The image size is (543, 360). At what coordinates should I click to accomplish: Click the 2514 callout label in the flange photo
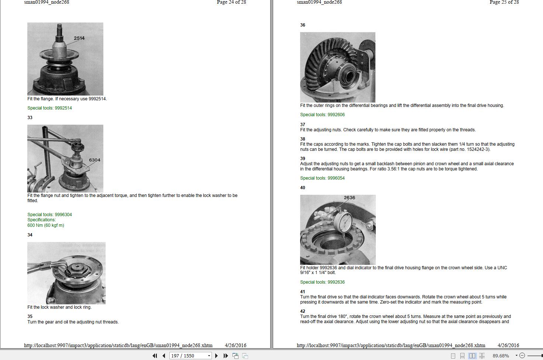(79, 38)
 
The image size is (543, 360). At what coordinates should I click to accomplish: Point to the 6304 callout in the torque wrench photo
(94, 160)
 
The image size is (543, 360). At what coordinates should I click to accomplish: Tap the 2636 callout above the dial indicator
(349, 198)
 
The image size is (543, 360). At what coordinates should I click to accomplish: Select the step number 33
(30, 118)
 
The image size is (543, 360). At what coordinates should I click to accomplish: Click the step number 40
(303, 188)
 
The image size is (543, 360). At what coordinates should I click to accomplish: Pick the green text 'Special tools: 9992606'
(322, 115)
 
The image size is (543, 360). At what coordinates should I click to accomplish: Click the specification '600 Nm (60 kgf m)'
(46, 225)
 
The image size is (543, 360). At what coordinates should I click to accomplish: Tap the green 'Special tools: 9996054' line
(322, 178)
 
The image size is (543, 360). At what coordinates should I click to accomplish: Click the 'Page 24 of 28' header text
(231, 2)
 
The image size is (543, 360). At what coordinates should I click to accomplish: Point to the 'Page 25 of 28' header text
(504, 2)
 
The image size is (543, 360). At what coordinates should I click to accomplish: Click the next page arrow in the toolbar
(216, 356)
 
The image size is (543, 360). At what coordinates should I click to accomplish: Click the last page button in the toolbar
(226, 356)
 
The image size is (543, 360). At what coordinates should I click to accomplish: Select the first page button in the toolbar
(155, 356)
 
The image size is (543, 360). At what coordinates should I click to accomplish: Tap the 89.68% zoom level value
(501, 356)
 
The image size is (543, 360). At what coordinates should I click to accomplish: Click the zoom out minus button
(522, 356)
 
